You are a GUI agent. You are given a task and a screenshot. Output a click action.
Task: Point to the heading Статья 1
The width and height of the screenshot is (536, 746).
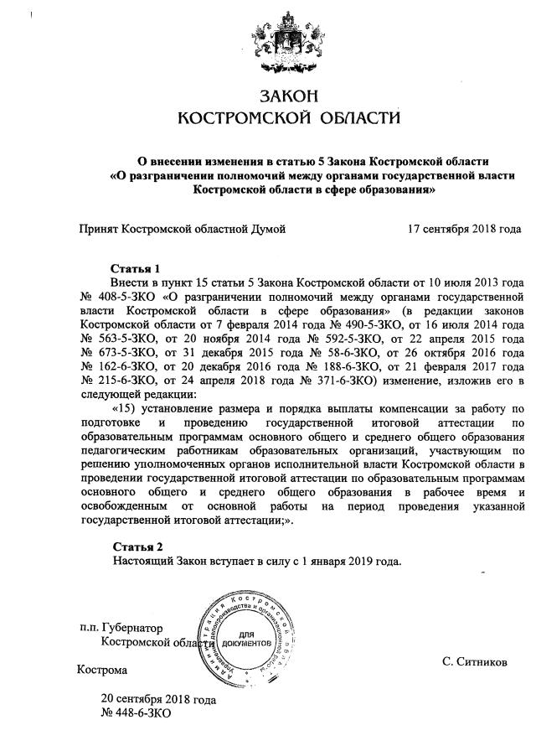point(136,268)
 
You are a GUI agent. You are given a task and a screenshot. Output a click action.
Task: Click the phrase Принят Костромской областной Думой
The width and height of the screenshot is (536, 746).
point(183,229)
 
